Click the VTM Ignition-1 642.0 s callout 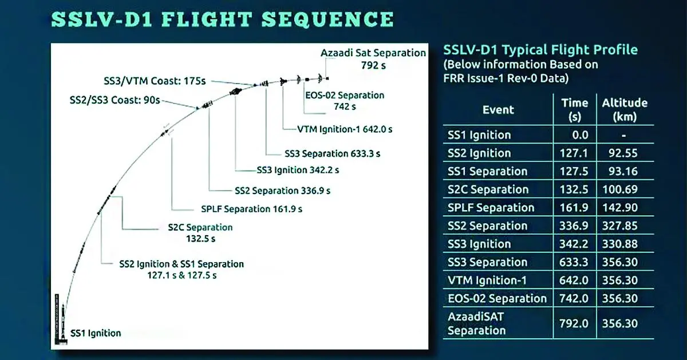point(345,129)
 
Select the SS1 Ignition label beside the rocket point(96,333)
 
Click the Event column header point(498,109)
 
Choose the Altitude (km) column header point(624,109)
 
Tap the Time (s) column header point(575,109)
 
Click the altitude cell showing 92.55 point(624,153)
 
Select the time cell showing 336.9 point(575,226)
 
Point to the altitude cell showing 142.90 point(624,208)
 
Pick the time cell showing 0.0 point(575,135)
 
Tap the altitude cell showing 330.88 point(624,244)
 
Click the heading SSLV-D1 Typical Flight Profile point(540,50)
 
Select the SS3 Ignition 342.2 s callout point(300,170)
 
